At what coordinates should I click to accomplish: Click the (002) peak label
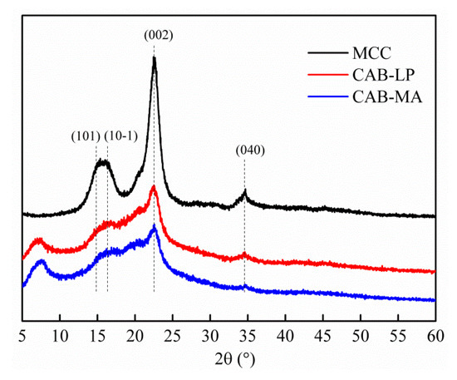click(x=155, y=36)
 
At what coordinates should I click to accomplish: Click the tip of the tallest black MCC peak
click(x=154, y=57)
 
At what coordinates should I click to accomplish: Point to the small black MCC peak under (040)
click(x=244, y=192)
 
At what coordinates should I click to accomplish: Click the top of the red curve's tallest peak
click(x=153, y=187)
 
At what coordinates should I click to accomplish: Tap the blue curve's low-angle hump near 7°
click(x=41, y=262)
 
